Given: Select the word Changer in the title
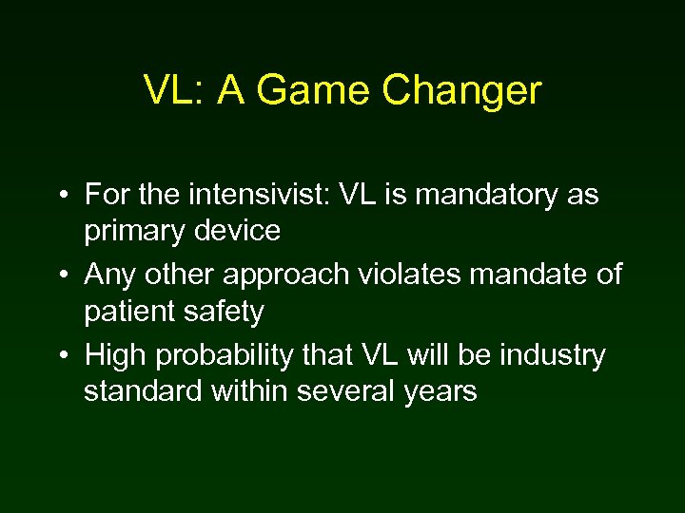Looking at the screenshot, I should pos(463,90).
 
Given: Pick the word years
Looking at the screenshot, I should pos(441,390).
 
